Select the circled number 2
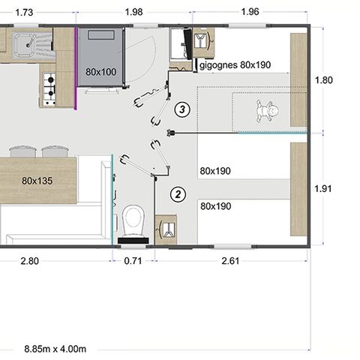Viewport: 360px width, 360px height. coord(178,194)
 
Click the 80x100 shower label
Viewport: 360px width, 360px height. coord(100,71)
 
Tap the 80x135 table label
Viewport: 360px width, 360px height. coord(37,181)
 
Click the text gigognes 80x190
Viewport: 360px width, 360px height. coord(234,65)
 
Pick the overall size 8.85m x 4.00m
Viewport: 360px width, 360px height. coord(55,349)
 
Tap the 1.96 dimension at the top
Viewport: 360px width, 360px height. coord(251,12)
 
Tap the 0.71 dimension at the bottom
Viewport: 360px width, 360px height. coord(133,261)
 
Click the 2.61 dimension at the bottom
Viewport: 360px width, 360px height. coord(230,261)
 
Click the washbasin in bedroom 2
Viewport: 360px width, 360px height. coord(166,229)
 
